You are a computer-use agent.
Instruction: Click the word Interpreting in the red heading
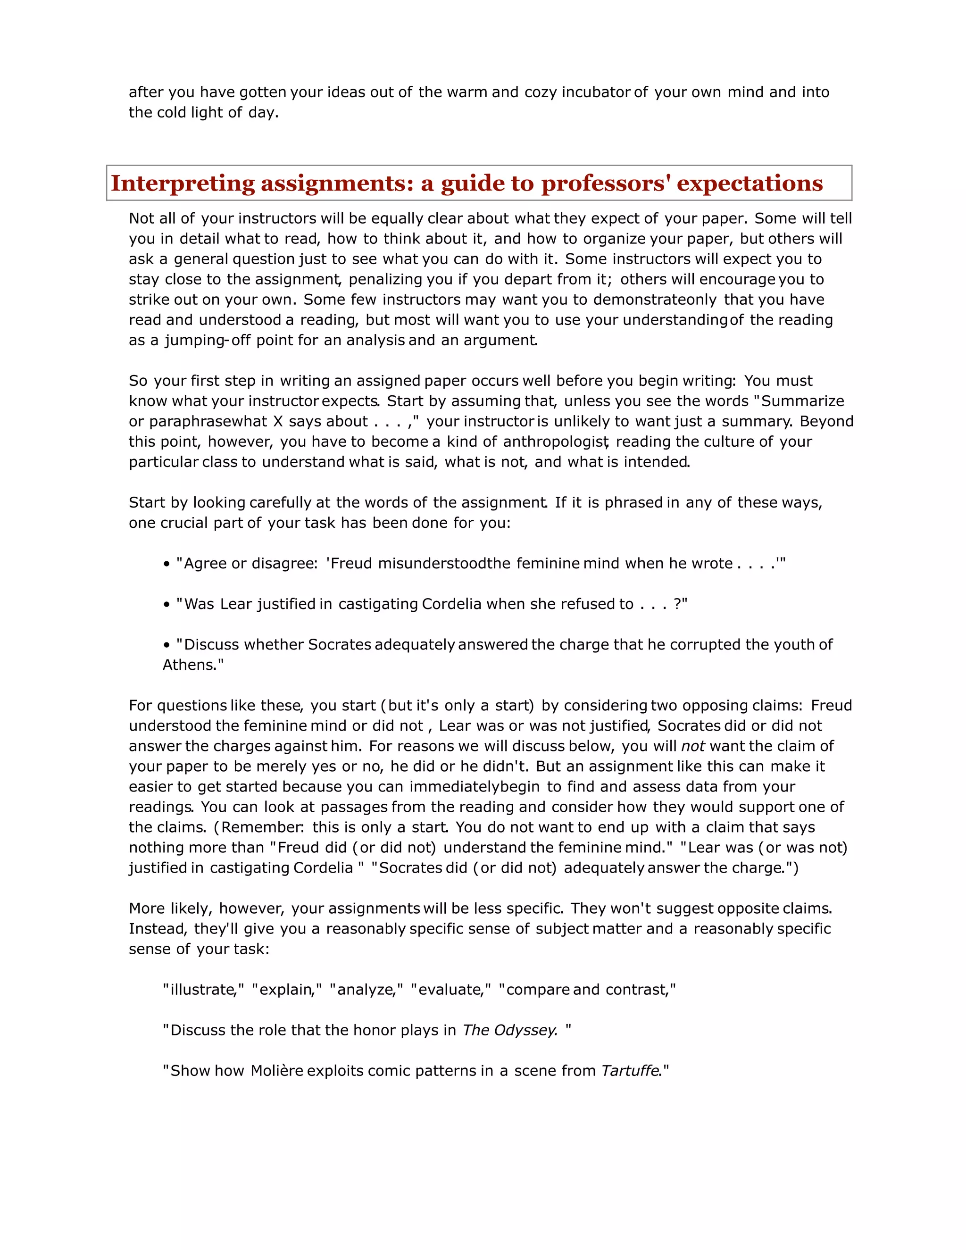tap(183, 183)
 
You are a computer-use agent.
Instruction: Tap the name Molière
tap(277, 1071)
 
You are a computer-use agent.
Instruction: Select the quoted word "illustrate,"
tap(204, 990)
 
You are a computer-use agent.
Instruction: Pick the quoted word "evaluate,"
tap(451, 990)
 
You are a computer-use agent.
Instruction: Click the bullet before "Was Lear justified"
tap(167, 605)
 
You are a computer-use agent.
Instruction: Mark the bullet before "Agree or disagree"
tap(167, 564)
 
